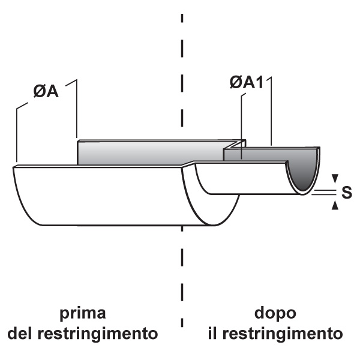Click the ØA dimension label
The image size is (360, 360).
pyautogui.click(x=46, y=94)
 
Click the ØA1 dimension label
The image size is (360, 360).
pyautogui.click(x=247, y=83)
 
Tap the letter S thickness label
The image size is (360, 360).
pyautogui.click(x=346, y=192)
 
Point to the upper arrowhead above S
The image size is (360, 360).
pyautogui.click(x=335, y=178)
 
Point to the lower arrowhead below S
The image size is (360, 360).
pyautogui.click(x=335, y=206)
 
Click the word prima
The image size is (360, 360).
pyautogui.click(x=83, y=314)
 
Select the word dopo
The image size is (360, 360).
pyautogui.click(x=275, y=314)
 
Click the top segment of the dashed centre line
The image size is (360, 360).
pyautogui.click(x=181, y=17)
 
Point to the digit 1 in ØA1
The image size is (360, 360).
pyautogui.click(x=260, y=83)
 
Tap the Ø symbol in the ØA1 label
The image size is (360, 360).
pyautogui.click(x=235, y=83)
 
